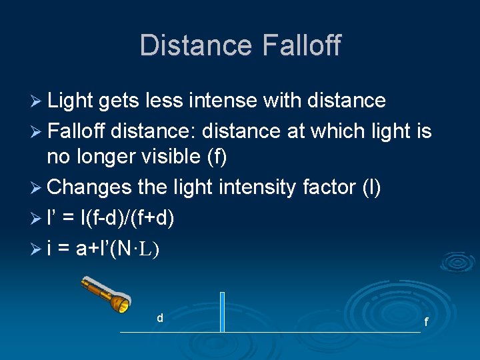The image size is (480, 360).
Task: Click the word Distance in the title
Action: [x=194, y=45]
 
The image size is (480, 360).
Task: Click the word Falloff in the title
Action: [x=301, y=45]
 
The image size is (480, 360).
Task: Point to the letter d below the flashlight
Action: [x=160, y=318]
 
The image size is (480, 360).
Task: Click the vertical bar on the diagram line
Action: [x=223, y=312]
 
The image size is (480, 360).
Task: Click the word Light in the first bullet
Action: [x=70, y=101]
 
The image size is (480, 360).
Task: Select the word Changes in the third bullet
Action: [x=90, y=187]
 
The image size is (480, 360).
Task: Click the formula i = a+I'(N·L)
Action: [x=103, y=248]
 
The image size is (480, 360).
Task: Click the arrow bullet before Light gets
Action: [x=38, y=101]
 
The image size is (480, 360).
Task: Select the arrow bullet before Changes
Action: [x=38, y=188]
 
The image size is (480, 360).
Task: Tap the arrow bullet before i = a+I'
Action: [x=38, y=249]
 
